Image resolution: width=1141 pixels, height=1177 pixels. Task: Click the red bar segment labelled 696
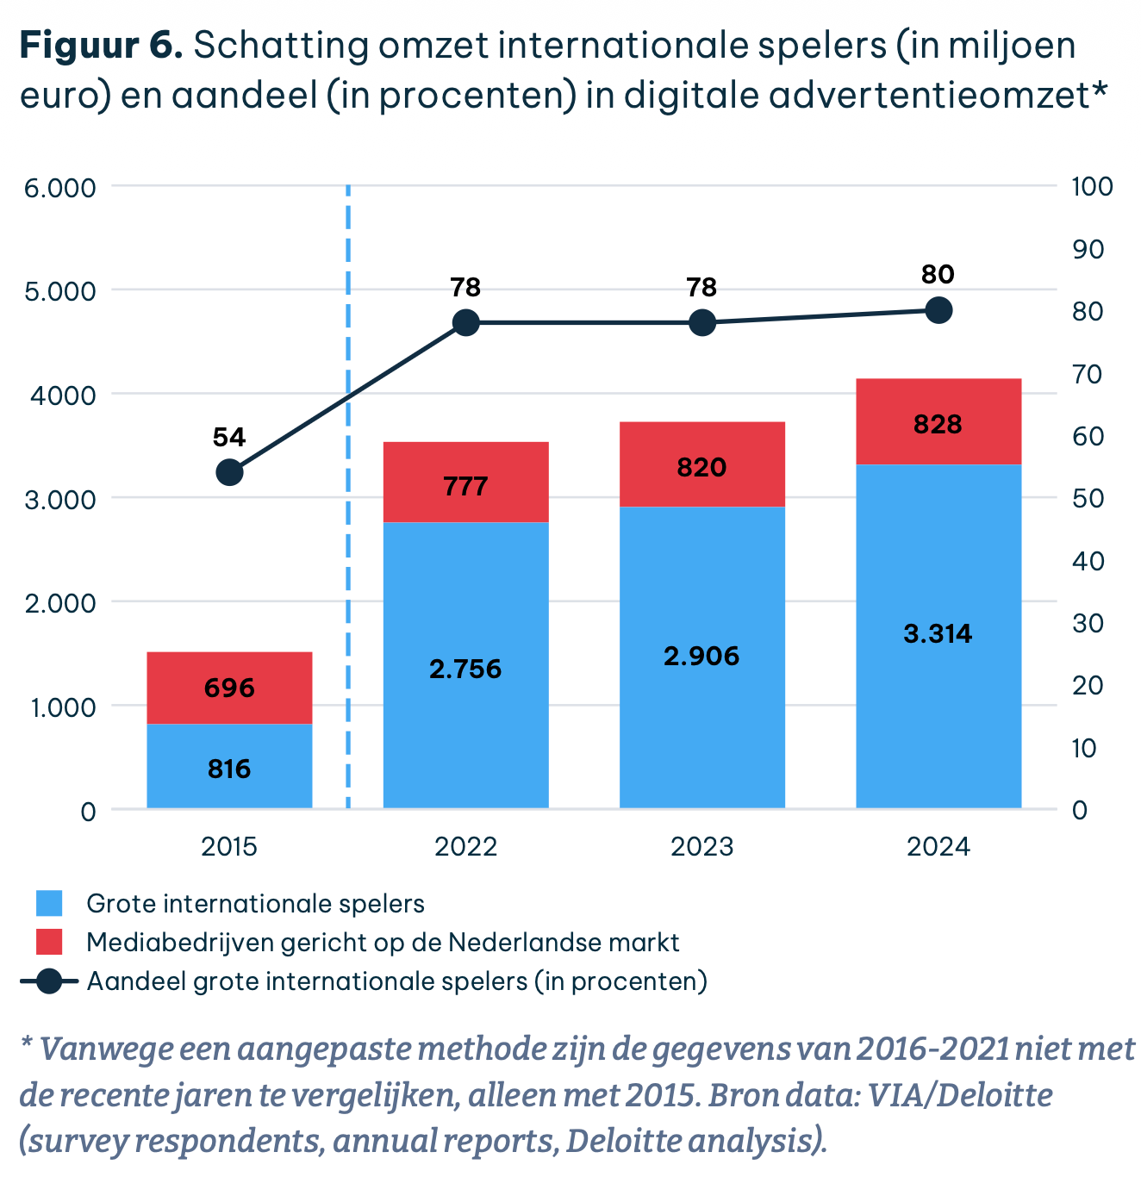pos(229,688)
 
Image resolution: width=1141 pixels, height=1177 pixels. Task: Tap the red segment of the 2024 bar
pos(938,421)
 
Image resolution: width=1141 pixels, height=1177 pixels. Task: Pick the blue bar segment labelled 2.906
pos(701,657)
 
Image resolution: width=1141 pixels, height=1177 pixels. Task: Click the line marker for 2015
pos(229,472)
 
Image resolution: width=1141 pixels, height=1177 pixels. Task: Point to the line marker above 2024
pos(938,310)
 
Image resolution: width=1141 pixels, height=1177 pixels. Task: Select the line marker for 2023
pos(701,323)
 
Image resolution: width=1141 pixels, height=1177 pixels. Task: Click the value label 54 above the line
pos(229,438)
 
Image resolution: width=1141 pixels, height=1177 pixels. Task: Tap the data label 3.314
pos(938,634)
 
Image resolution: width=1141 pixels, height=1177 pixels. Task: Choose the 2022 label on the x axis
pos(465,847)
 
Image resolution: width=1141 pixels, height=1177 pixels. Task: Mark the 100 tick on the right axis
pos(1092,186)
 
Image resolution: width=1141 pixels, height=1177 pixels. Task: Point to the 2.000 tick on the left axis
pos(59,603)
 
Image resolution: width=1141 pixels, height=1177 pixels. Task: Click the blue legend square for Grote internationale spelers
pos(49,903)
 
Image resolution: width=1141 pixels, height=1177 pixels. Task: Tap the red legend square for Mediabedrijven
pos(49,942)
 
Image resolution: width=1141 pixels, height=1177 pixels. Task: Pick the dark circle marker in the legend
pos(49,981)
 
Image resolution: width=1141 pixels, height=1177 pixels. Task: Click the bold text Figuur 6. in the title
pos(101,46)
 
